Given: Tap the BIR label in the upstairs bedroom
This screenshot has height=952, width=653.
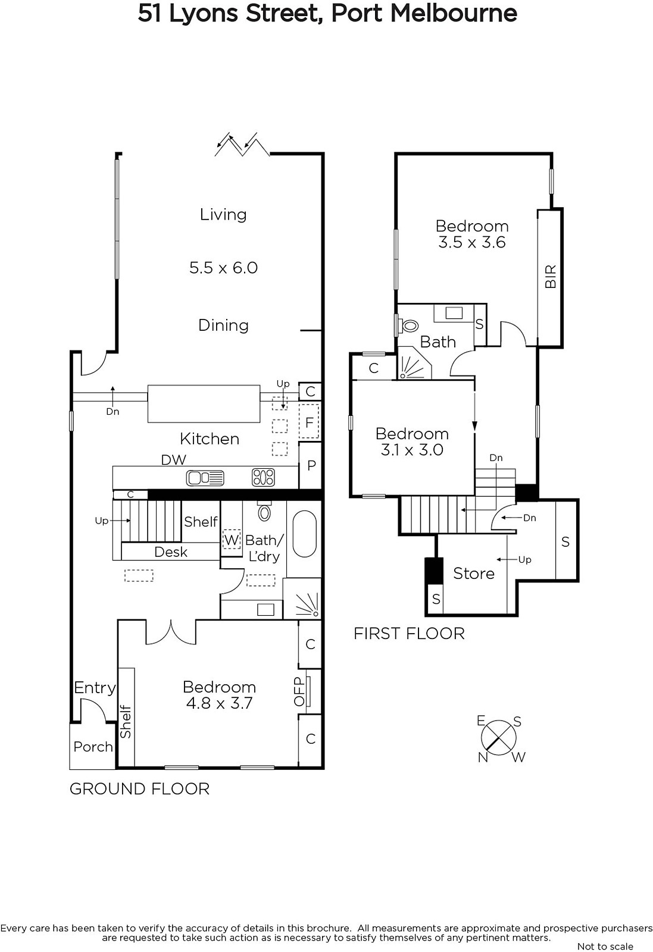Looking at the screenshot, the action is point(551,277).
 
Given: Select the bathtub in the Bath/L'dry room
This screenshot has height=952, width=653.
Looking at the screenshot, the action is point(304,533).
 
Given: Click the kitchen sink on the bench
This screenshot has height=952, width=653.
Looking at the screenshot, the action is point(205,478).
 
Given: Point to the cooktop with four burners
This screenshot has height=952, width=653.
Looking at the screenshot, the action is point(263,477).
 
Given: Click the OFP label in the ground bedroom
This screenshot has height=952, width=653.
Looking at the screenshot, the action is point(299,691).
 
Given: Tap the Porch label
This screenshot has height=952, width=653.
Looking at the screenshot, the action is point(93,747).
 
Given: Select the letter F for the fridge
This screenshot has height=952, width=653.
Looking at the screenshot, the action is point(310,422).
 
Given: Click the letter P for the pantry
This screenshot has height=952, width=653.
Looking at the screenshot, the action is point(311,465).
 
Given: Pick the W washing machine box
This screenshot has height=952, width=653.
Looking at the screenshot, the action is point(232,540).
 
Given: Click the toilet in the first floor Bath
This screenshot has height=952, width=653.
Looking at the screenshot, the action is point(408,327).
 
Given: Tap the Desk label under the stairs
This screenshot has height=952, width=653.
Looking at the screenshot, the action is point(171,552).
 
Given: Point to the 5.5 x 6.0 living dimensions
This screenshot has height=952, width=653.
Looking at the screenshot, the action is point(224,268).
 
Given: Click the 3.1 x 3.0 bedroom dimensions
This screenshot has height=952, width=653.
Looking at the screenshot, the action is point(412,450).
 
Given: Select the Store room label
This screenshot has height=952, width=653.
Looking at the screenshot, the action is point(474,574).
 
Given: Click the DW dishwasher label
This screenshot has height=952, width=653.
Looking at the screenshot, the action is point(173,459).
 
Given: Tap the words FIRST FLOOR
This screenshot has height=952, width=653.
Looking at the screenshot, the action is point(409,634).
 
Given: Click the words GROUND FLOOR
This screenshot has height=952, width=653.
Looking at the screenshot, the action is point(139,789).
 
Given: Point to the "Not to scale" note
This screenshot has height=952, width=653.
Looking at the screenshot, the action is point(605,946).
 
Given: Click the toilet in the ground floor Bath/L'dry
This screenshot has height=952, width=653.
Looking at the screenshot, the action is point(264,511).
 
